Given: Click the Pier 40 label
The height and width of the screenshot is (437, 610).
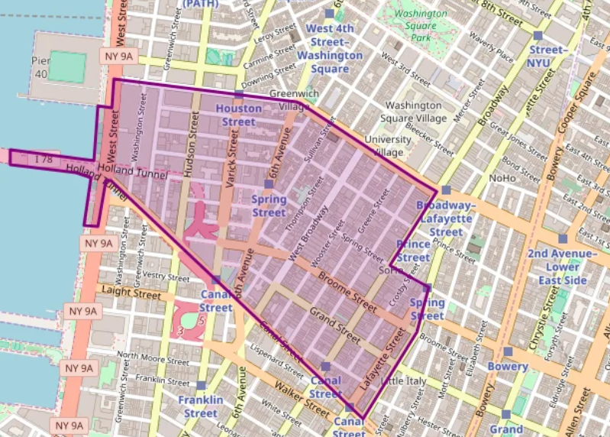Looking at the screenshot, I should [x=40, y=67].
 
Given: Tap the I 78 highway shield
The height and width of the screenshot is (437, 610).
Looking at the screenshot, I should [x=42, y=159].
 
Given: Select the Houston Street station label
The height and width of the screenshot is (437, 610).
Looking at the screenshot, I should [x=239, y=115].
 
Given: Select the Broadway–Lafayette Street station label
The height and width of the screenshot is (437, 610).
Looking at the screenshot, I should [x=445, y=219].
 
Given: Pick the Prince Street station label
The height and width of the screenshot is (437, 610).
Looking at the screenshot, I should [x=413, y=251].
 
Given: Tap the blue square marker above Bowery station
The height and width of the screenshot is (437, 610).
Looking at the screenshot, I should [x=508, y=351].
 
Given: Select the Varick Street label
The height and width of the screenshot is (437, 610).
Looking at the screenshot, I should [x=234, y=154].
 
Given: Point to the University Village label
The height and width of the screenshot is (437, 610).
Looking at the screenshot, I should [x=387, y=145].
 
